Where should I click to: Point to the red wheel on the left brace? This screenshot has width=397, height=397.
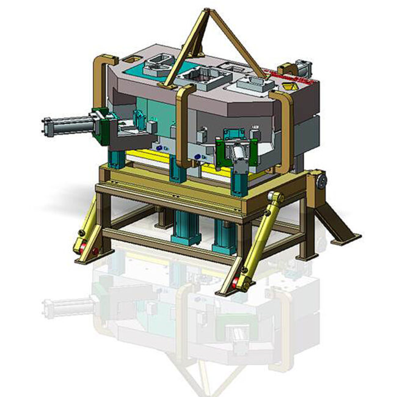coord(81,247)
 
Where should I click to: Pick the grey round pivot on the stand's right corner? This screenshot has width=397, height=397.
coord(321,180)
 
